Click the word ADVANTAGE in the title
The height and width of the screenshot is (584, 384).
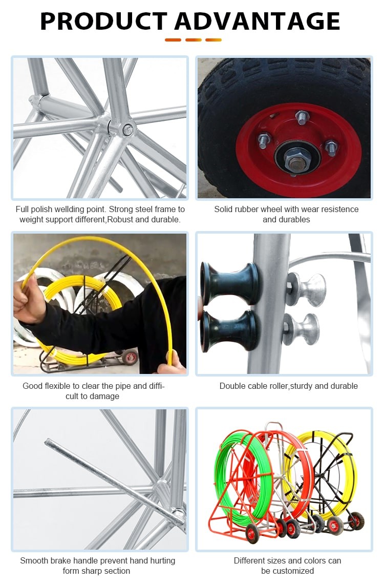click(258, 21)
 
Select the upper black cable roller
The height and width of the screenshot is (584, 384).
click(229, 284)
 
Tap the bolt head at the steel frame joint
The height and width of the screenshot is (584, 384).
click(127, 130)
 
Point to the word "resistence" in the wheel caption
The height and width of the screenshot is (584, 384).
click(339, 210)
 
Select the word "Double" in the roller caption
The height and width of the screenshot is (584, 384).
click(232, 386)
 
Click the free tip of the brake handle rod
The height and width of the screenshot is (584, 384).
click(47, 442)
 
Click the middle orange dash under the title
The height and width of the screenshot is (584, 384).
click(194, 40)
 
